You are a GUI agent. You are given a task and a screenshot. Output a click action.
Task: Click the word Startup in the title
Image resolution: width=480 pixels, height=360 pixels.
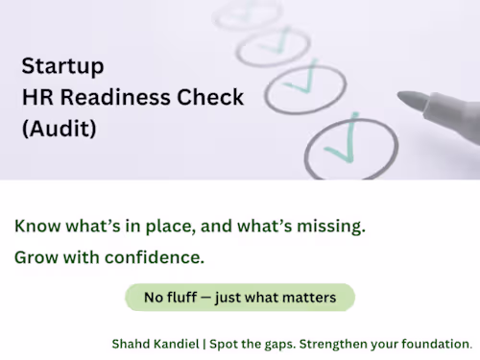pos(62,66)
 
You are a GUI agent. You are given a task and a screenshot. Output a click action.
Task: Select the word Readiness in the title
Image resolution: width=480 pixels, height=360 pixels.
pos(115,97)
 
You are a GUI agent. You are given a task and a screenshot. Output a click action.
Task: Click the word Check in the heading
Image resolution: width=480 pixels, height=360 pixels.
pos(210,97)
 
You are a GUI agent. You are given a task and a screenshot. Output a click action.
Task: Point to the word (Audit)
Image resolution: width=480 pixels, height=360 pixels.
pos(60,129)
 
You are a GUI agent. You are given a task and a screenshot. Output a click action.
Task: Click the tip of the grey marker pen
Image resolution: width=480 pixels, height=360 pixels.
pos(398,95)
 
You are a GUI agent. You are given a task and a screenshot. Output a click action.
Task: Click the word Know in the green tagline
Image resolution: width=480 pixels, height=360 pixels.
pos(37,226)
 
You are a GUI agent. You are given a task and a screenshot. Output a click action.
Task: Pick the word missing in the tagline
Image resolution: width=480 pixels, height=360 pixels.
pos(331,227)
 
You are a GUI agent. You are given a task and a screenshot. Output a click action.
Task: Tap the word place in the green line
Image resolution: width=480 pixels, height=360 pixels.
pos(170,227)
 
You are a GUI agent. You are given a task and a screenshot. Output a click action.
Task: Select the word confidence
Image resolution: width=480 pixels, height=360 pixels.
pos(155,257)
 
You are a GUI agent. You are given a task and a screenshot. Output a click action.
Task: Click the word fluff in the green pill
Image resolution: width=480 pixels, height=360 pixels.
pos(181,298)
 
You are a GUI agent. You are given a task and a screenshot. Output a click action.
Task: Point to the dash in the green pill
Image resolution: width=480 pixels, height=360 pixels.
pos(206,298)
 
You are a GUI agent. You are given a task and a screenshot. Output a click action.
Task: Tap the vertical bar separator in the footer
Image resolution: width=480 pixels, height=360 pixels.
pos(204,345)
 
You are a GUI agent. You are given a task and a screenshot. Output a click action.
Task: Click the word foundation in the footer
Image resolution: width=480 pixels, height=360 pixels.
pos(437,344)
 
